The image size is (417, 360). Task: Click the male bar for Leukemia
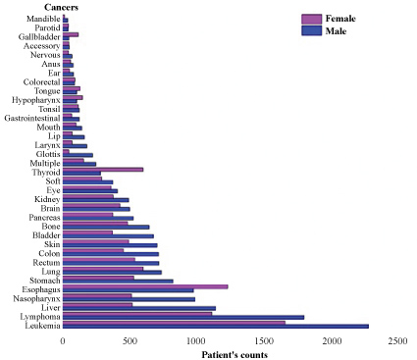click(216, 327)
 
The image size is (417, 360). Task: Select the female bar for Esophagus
click(145, 286)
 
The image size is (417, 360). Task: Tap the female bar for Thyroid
click(103, 170)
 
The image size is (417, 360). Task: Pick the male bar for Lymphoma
click(183, 317)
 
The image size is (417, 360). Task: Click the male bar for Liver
click(139, 308)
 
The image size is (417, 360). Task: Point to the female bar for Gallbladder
click(71, 34)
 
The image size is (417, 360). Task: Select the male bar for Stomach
click(118, 282)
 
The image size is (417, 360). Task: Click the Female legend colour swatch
click(311, 19)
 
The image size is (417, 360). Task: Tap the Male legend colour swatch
click(311, 30)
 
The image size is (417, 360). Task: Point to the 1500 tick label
click(264, 341)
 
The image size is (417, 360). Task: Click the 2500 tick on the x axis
click(397, 341)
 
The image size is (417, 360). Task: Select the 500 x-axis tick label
click(130, 341)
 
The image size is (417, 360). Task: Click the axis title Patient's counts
click(235, 355)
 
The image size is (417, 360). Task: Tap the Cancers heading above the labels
click(61, 7)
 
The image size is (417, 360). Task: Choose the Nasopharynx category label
click(36, 299)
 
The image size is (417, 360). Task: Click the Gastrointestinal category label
click(32, 118)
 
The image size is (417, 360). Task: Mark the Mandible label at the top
click(43, 19)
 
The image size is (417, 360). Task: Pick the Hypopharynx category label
click(36, 100)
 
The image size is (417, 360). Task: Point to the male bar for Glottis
click(78, 155)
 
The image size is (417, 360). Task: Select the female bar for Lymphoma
click(137, 314)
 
